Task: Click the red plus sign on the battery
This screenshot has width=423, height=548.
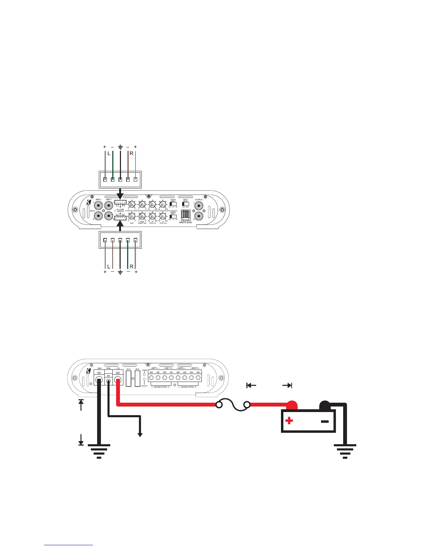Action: pyautogui.click(x=289, y=421)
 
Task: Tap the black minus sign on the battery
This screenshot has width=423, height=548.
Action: pyautogui.click(x=325, y=421)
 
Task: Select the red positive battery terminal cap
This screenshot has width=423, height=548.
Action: pyautogui.click(x=293, y=404)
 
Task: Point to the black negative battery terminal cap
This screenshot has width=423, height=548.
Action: pyautogui.click(x=325, y=404)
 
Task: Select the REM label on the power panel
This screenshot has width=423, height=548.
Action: pyautogui.click(x=108, y=369)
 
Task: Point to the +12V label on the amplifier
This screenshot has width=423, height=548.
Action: pyautogui.click(x=118, y=369)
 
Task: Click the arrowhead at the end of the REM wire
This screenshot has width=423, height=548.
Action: pyautogui.click(x=140, y=435)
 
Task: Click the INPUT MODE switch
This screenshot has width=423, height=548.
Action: pyautogui.click(x=185, y=204)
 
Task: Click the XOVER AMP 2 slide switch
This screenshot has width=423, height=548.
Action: pyautogui.click(x=173, y=204)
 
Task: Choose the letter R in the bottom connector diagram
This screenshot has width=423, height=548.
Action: pyautogui.click(x=132, y=266)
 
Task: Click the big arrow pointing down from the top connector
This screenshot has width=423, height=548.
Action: pyautogui.click(x=120, y=192)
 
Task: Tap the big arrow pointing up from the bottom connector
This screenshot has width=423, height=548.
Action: pyautogui.click(x=120, y=227)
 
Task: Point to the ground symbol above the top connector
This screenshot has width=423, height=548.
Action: pyautogui.click(x=120, y=147)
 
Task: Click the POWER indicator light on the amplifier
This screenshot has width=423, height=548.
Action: pyautogui.click(x=144, y=374)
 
